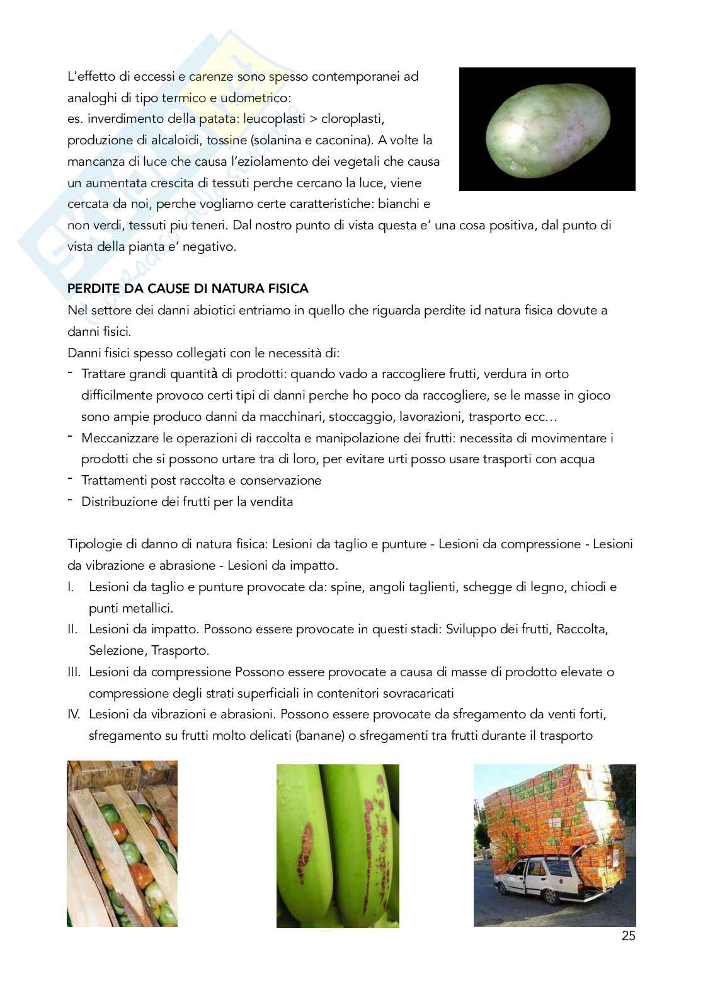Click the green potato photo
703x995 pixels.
(547, 129)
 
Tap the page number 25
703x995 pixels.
(628, 936)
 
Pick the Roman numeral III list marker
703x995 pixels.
(74, 672)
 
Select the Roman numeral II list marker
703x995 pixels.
(72, 629)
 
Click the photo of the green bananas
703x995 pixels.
(338, 846)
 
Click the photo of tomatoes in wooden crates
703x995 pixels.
(122, 843)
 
